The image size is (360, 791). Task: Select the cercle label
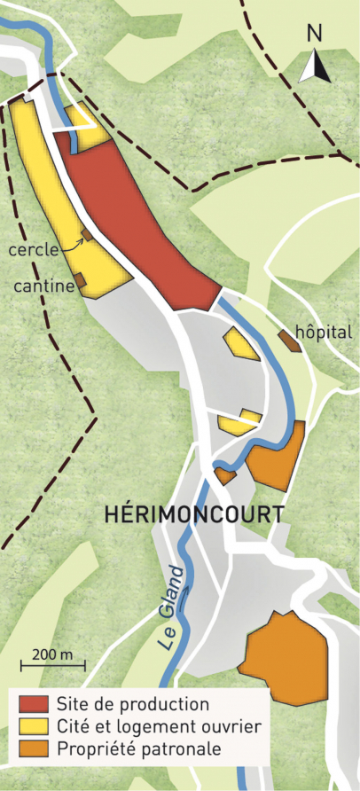pyautogui.click(x=34, y=249)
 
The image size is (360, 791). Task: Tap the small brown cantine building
pyautogui.click(x=79, y=280)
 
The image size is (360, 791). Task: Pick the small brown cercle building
pyautogui.click(x=87, y=237)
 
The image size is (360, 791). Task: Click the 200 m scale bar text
pyautogui.click(x=53, y=654)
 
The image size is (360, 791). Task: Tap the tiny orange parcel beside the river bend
pyautogui.click(x=225, y=476)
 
